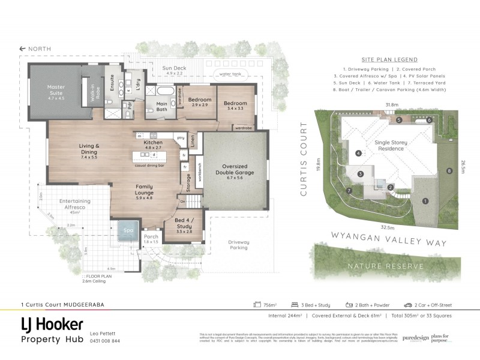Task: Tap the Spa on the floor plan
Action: tap(128, 230)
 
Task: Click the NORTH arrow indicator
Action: tap(35, 49)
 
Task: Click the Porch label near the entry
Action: tap(151, 239)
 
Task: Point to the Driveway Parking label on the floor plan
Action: tap(239, 245)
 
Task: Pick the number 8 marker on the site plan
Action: tap(448, 172)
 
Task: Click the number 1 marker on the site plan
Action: tap(425, 200)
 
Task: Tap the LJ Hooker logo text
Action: tap(52, 326)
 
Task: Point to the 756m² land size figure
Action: tap(271, 305)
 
